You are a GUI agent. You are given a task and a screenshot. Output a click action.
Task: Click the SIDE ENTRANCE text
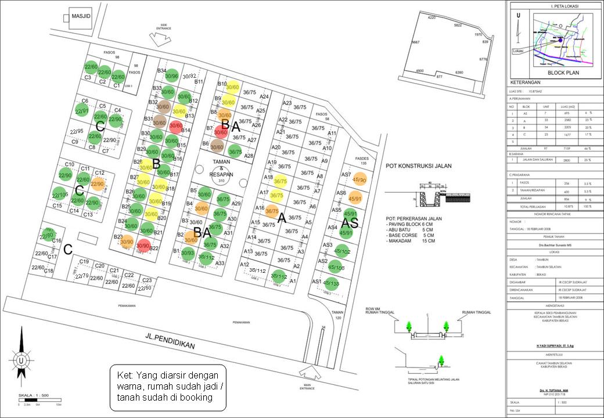[x=163, y=27]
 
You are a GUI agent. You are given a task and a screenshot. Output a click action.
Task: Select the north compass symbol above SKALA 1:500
[x=21, y=354]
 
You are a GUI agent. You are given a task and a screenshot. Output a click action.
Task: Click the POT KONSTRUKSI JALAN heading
[x=419, y=165]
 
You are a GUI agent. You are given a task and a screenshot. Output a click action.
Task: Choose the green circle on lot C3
[x=91, y=68]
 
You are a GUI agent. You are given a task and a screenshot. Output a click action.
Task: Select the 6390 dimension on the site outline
[x=459, y=73]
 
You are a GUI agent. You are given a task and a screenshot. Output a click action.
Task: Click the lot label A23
[x=286, y=103]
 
